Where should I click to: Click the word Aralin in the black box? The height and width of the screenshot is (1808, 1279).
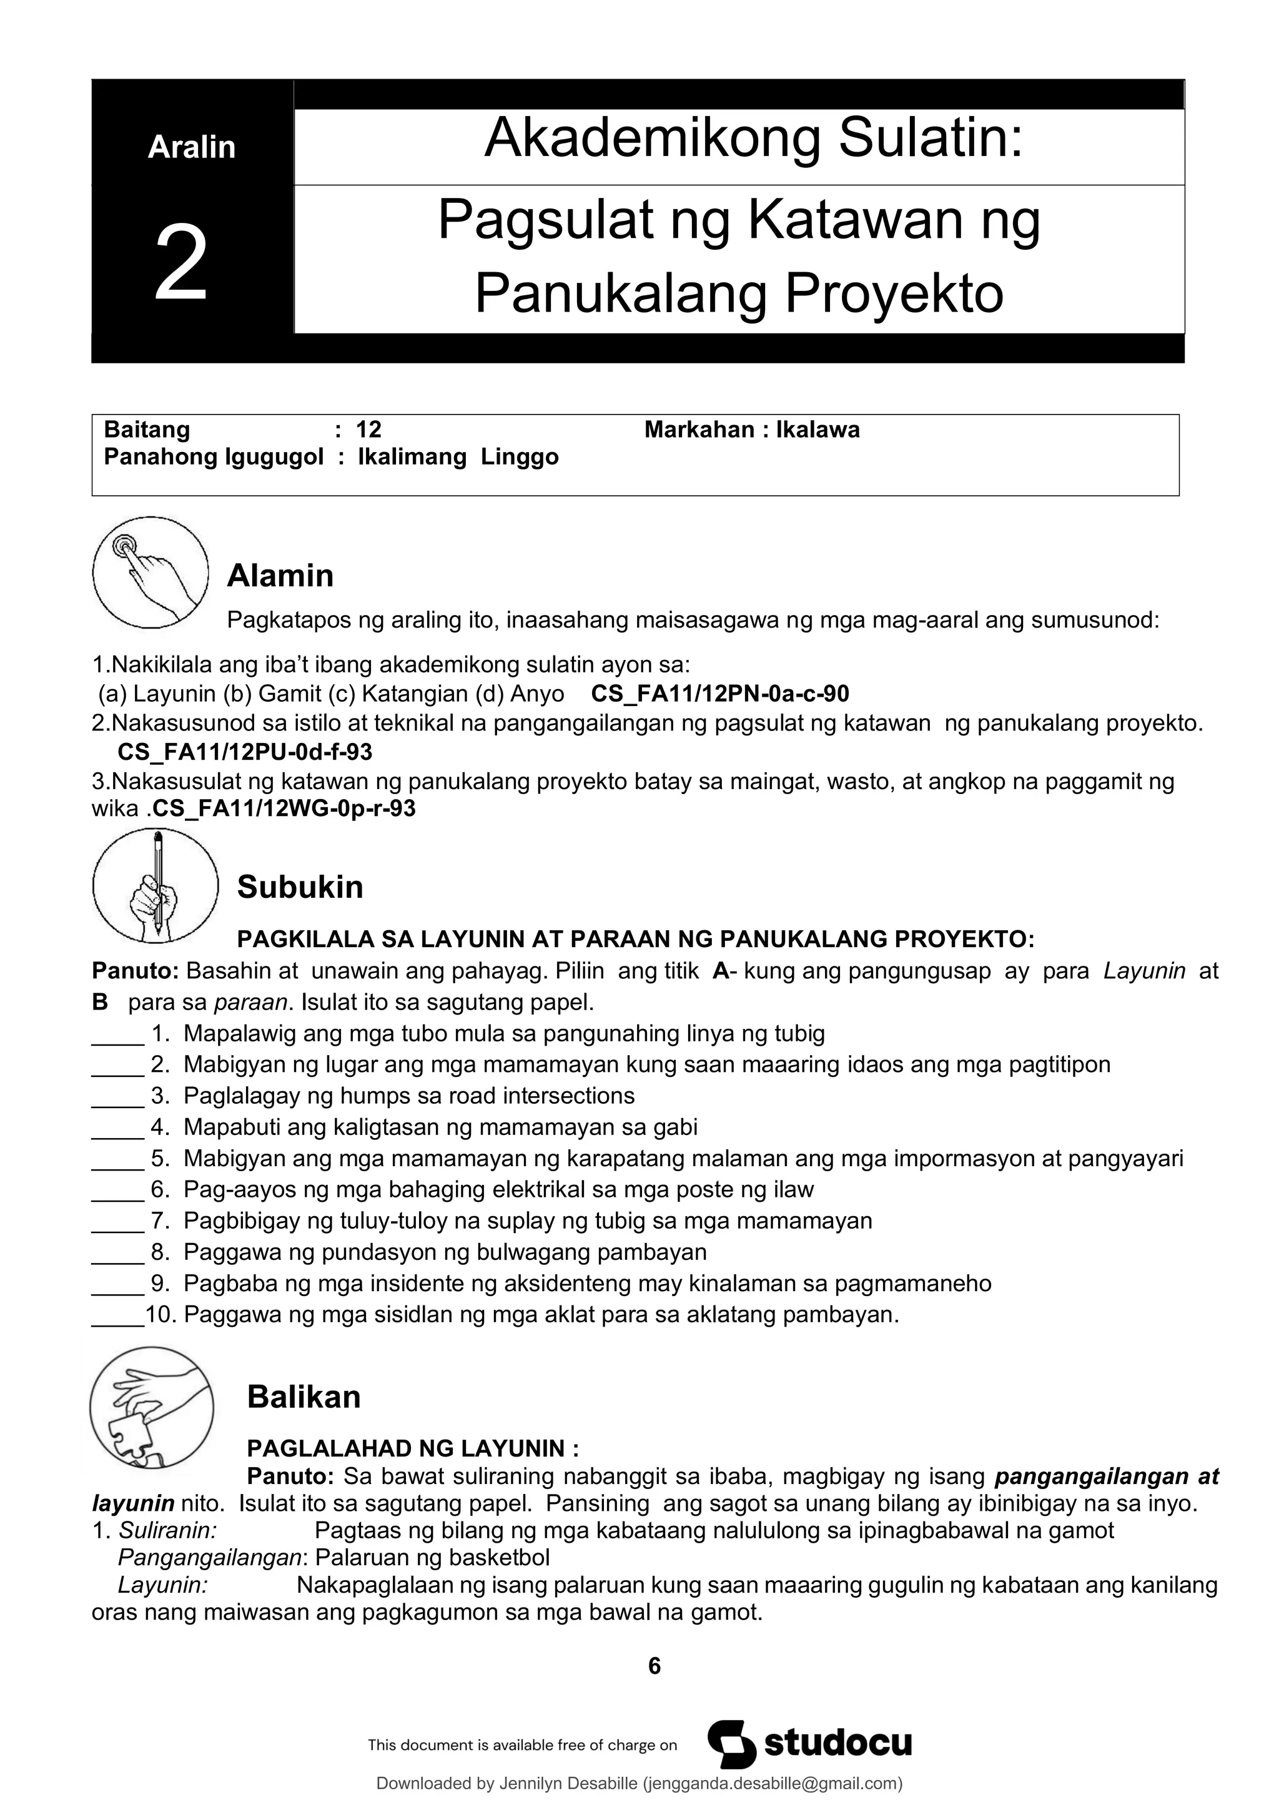(x=191, y=147)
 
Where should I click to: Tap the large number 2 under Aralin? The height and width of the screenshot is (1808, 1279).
(x=181, y=263)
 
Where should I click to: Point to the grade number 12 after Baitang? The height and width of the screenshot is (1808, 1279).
(x=368, y=430)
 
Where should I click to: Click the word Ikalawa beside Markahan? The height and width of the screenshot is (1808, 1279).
(x=817, y=430)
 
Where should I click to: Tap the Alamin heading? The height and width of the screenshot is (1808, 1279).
(x=280, y=576)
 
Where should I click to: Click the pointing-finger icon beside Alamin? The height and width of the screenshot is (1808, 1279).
(x=151, y=572)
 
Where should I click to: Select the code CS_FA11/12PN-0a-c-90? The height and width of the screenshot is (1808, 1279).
(x=720, y=694)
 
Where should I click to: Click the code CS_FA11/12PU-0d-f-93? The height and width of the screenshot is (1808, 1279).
(x=245, y=752)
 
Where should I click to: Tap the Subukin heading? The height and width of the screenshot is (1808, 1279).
(x=300, y=888)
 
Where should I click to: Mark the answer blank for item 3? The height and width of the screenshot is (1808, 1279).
(x=118, y=1097)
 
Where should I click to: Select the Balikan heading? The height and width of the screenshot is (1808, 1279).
(x=304, y=1397)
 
